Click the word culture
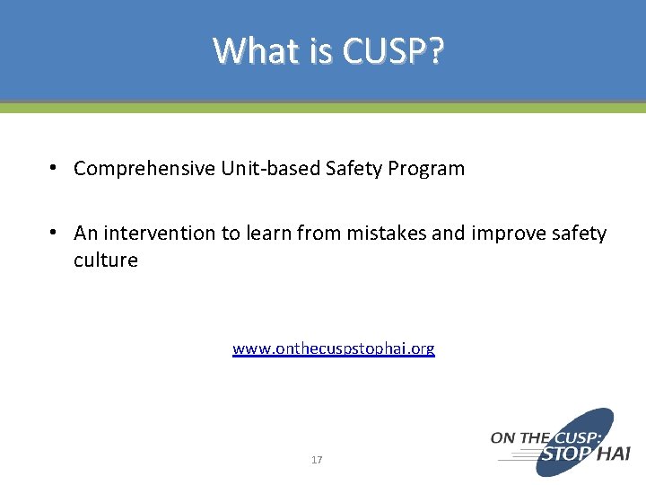[x=106, y=260]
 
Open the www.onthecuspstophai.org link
[x=333, y=348]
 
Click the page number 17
[x=317, y=460]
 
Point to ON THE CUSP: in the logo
[x=537, y=438]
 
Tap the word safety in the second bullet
[x=579, y=234]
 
